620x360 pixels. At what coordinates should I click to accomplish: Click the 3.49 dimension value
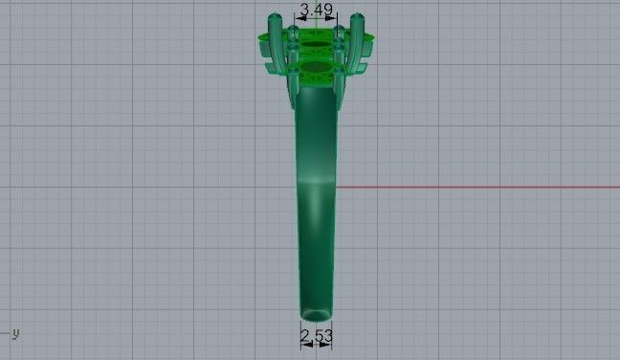tap(317, 11)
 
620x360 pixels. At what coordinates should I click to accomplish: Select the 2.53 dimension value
tap(316, 335)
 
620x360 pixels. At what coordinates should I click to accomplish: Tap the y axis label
tap(16, 332)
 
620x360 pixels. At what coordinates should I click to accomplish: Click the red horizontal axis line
tap(478, 187)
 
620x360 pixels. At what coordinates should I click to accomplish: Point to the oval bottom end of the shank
tap(316, 314)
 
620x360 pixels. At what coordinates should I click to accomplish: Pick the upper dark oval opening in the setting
tap(317, 43)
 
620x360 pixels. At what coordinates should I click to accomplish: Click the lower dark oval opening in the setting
tap(317, 70)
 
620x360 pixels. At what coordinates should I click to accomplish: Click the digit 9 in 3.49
tap(329, 11)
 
